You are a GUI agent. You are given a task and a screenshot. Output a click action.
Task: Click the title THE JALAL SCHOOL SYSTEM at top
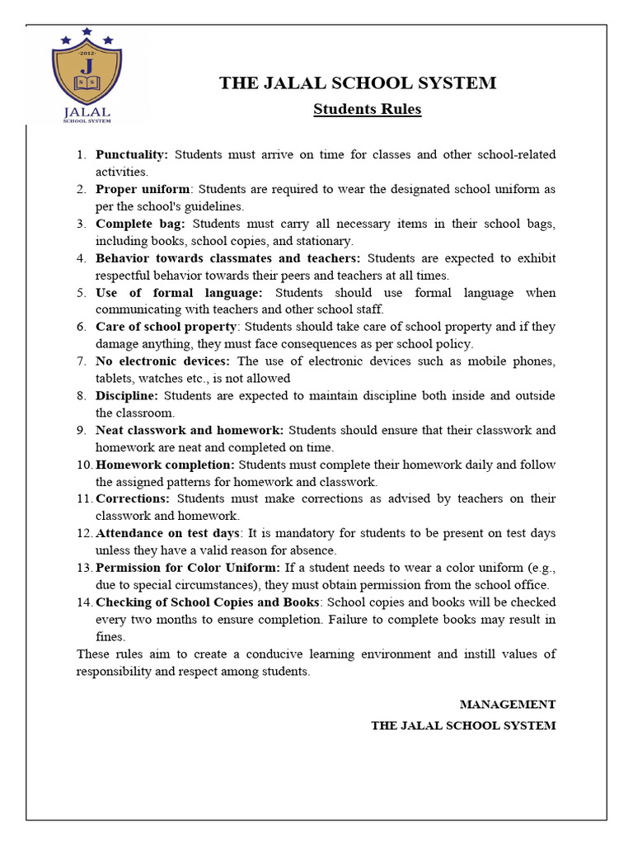point(357,83)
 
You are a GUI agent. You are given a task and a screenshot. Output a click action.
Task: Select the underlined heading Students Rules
point(367,110)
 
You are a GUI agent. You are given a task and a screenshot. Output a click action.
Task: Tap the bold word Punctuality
point(132,154)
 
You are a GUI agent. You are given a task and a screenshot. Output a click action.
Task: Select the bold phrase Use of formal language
point(179,292)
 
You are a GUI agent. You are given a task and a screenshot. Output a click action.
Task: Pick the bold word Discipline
point(128,395)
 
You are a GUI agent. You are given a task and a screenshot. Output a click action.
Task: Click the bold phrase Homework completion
point(165,465)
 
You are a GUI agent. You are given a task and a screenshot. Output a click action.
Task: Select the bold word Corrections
point(133,498)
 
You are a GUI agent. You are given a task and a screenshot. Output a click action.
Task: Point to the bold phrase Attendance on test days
point(168,533)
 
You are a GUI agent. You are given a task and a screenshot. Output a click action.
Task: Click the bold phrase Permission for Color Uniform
point(188,568)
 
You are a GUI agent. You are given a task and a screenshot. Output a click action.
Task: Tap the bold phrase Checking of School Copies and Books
point(207,602)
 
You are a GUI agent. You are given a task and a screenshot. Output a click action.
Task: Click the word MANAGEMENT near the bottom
point(507,704)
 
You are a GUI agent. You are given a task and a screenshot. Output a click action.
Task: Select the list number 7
point(81,361)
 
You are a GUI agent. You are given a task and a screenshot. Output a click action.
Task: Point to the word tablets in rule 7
point(115,378)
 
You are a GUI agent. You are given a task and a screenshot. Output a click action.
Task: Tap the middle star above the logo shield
point(87,32)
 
